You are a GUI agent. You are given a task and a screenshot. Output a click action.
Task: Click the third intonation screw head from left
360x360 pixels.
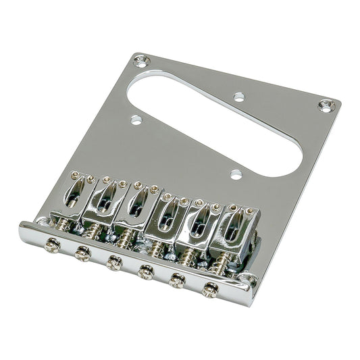114,263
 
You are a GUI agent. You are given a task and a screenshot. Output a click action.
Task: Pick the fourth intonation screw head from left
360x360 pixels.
145,272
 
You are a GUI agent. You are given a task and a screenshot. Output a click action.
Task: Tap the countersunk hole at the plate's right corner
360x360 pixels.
327,105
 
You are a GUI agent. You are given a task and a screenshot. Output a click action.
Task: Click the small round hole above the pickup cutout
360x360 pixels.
238,97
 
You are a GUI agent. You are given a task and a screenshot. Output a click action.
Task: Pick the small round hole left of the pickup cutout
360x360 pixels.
136,121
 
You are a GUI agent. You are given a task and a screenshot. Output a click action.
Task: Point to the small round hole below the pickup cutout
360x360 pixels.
235,175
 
